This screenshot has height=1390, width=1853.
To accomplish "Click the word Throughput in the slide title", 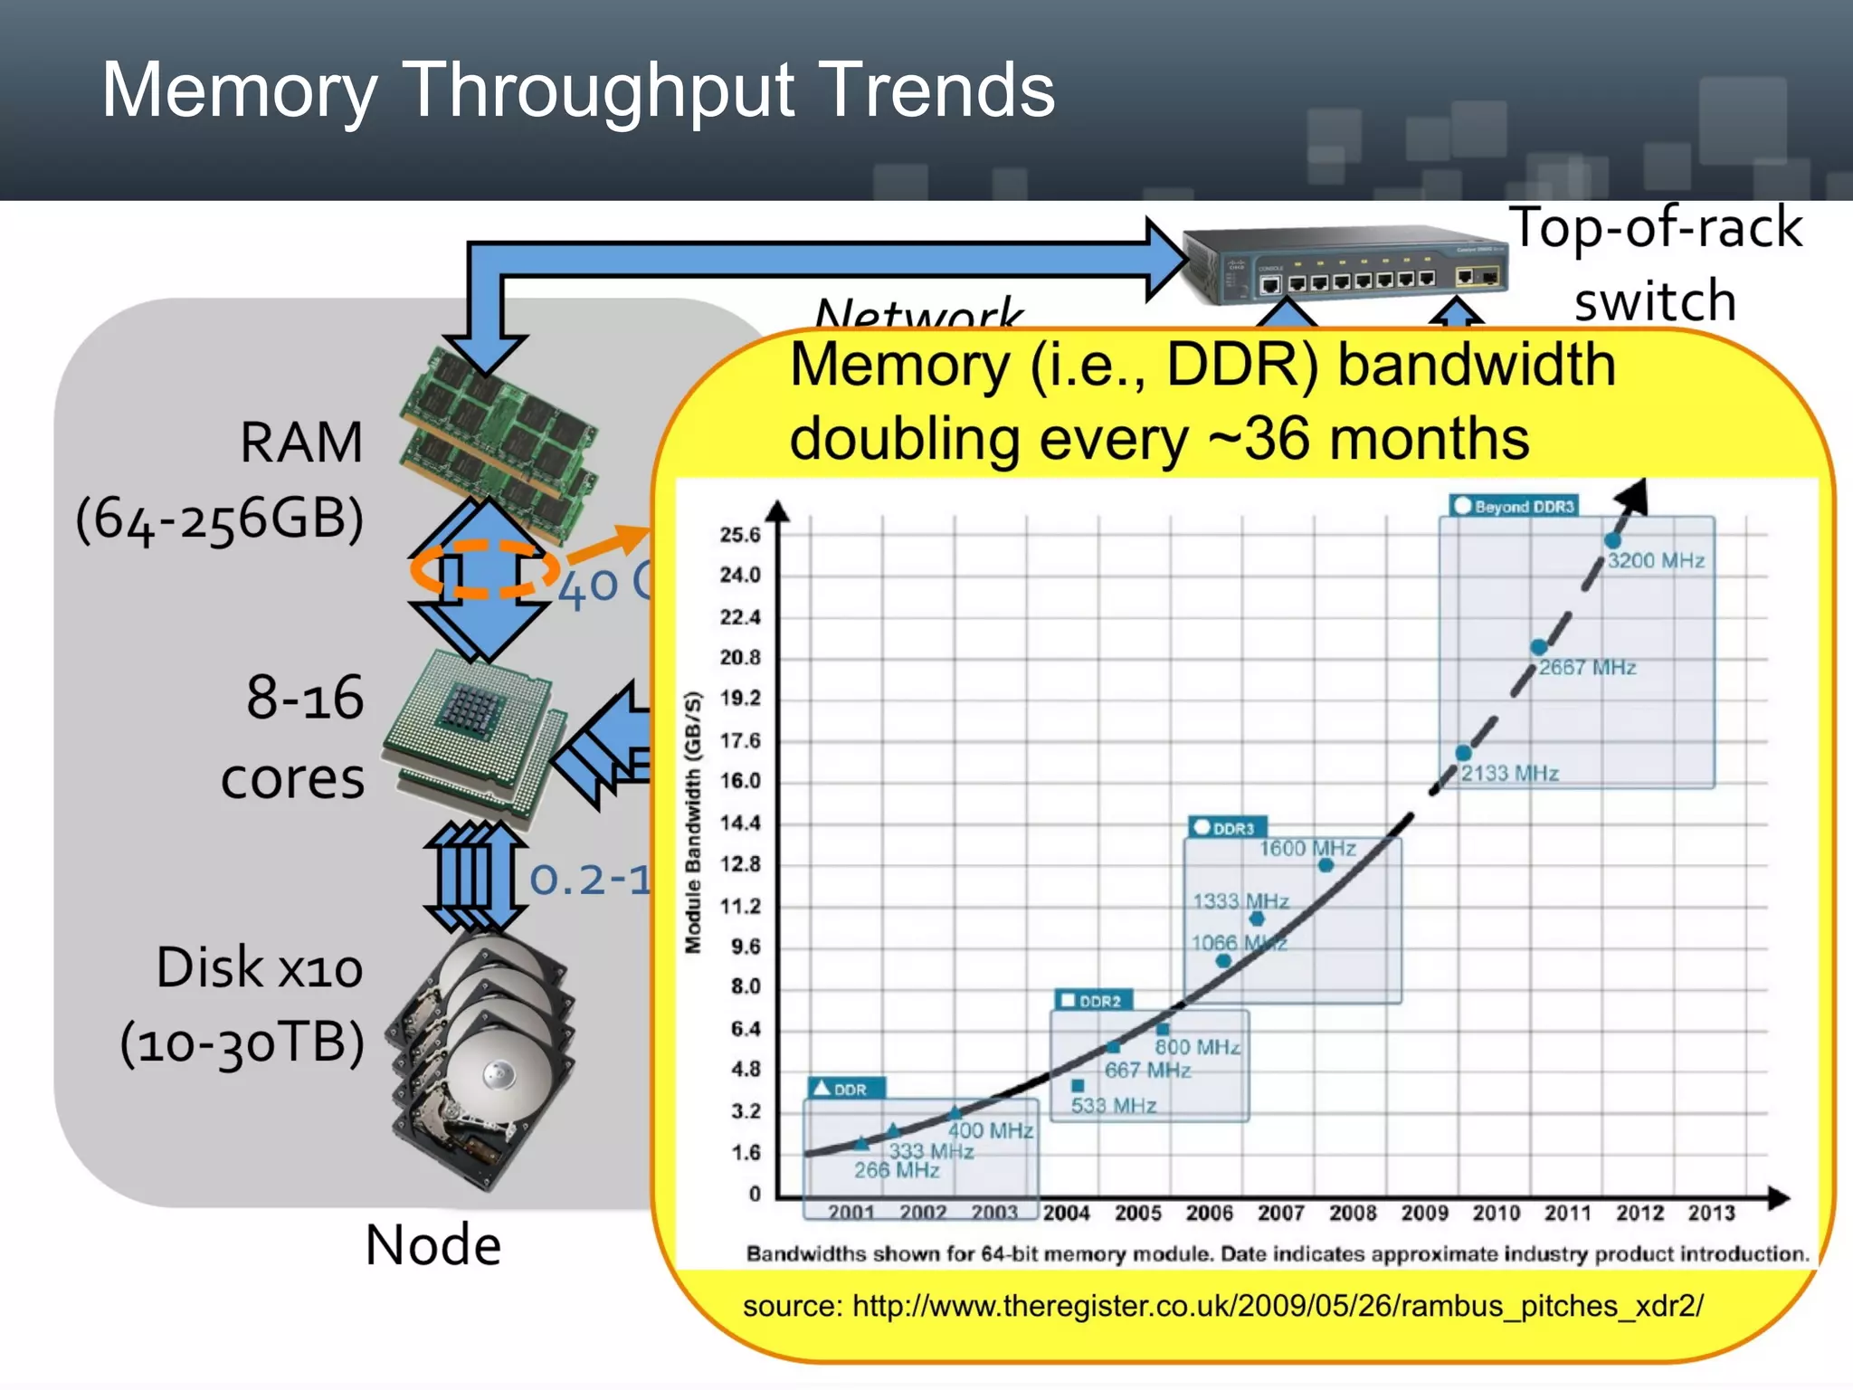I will (x=597, y=90).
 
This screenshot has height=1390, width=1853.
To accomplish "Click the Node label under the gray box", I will (x=432, y=1245).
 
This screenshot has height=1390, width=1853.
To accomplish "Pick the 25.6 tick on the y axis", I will (x=740, y=535).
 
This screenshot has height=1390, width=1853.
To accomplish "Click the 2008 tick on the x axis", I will (x=1353, y=1214).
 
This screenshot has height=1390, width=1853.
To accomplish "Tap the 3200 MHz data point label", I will (x=1656, y=561).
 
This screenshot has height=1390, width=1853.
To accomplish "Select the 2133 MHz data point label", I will (x=1509, y=774).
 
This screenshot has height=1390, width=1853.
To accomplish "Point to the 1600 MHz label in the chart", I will (x=1307, y=848).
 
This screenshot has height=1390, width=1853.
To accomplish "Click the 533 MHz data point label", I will (x=1114, y=1106).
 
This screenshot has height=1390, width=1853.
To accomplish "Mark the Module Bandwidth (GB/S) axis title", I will (x=694, y=822).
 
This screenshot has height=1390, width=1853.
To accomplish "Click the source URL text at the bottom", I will (x=1223, y=1307).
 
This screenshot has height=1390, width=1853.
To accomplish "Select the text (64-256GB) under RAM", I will (x=220, y=519).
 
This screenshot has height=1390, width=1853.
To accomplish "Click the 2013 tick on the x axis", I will (x=1711, y=1214).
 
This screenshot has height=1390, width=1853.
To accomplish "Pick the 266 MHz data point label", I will (x=897, y=1170).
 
